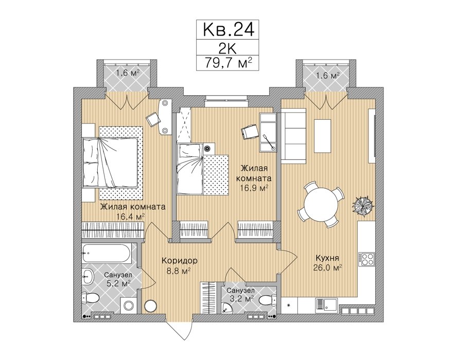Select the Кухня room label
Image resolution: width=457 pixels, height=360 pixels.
point(327,258)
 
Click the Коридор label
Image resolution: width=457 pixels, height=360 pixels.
point(180,260)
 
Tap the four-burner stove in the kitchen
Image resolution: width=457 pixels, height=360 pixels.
point(366,259)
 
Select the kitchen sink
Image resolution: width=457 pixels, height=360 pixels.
point(326,305)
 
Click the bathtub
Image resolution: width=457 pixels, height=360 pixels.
point(106,253)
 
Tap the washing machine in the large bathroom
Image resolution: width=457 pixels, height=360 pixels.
point(128,305)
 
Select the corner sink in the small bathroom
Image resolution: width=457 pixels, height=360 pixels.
point(225,308)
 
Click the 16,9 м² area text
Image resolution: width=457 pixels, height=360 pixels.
point(253,188)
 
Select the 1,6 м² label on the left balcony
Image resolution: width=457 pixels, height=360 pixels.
point(127,73)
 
